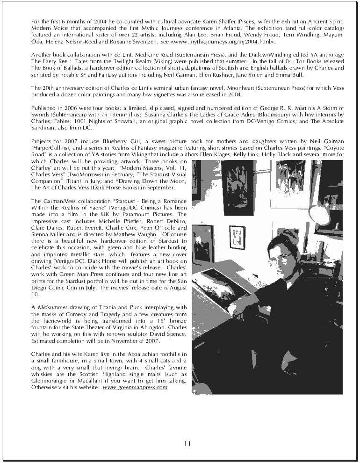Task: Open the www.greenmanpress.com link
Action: [135, 388]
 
